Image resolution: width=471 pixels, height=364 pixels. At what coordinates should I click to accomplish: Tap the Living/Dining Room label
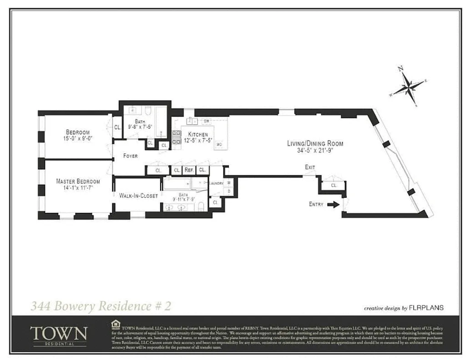click(x=315, y=143)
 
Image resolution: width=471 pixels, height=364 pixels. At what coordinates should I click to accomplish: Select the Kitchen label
click(x=198, y=135)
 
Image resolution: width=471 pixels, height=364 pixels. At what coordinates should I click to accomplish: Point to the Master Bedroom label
click(x=78, y=181)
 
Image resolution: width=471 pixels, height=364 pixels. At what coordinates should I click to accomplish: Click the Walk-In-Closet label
click(x=138, y=196)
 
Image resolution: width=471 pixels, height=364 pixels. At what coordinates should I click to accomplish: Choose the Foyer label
click(x=130, y=156)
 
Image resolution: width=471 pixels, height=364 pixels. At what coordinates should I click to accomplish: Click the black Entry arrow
click(x=333, y=204)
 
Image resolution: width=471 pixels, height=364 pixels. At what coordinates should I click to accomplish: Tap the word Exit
click(x=310, y=167)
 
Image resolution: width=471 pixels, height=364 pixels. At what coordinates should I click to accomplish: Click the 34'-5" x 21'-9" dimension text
click(x=315, y=150)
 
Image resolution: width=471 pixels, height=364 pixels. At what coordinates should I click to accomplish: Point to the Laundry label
click(x=217, y=183)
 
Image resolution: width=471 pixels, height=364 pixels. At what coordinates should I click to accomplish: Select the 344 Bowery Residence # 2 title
click(x=101, y=306)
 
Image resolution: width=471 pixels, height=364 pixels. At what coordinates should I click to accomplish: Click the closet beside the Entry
click(x=334, y=186)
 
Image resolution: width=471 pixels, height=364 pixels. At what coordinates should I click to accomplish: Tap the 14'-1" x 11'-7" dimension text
click(x=78, y=187)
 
